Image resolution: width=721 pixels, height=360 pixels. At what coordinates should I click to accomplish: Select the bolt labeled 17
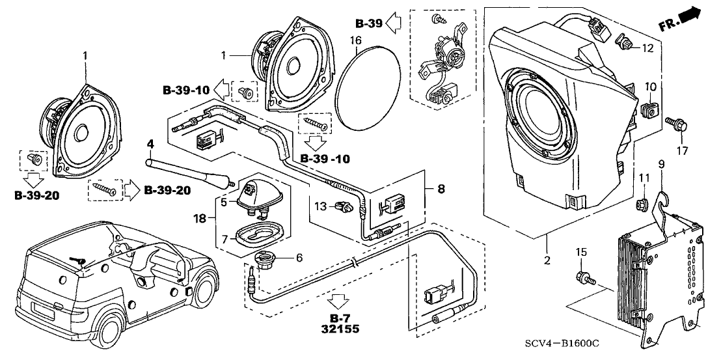point(673,123)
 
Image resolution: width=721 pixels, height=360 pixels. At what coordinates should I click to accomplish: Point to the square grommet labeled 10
point(648,108)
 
